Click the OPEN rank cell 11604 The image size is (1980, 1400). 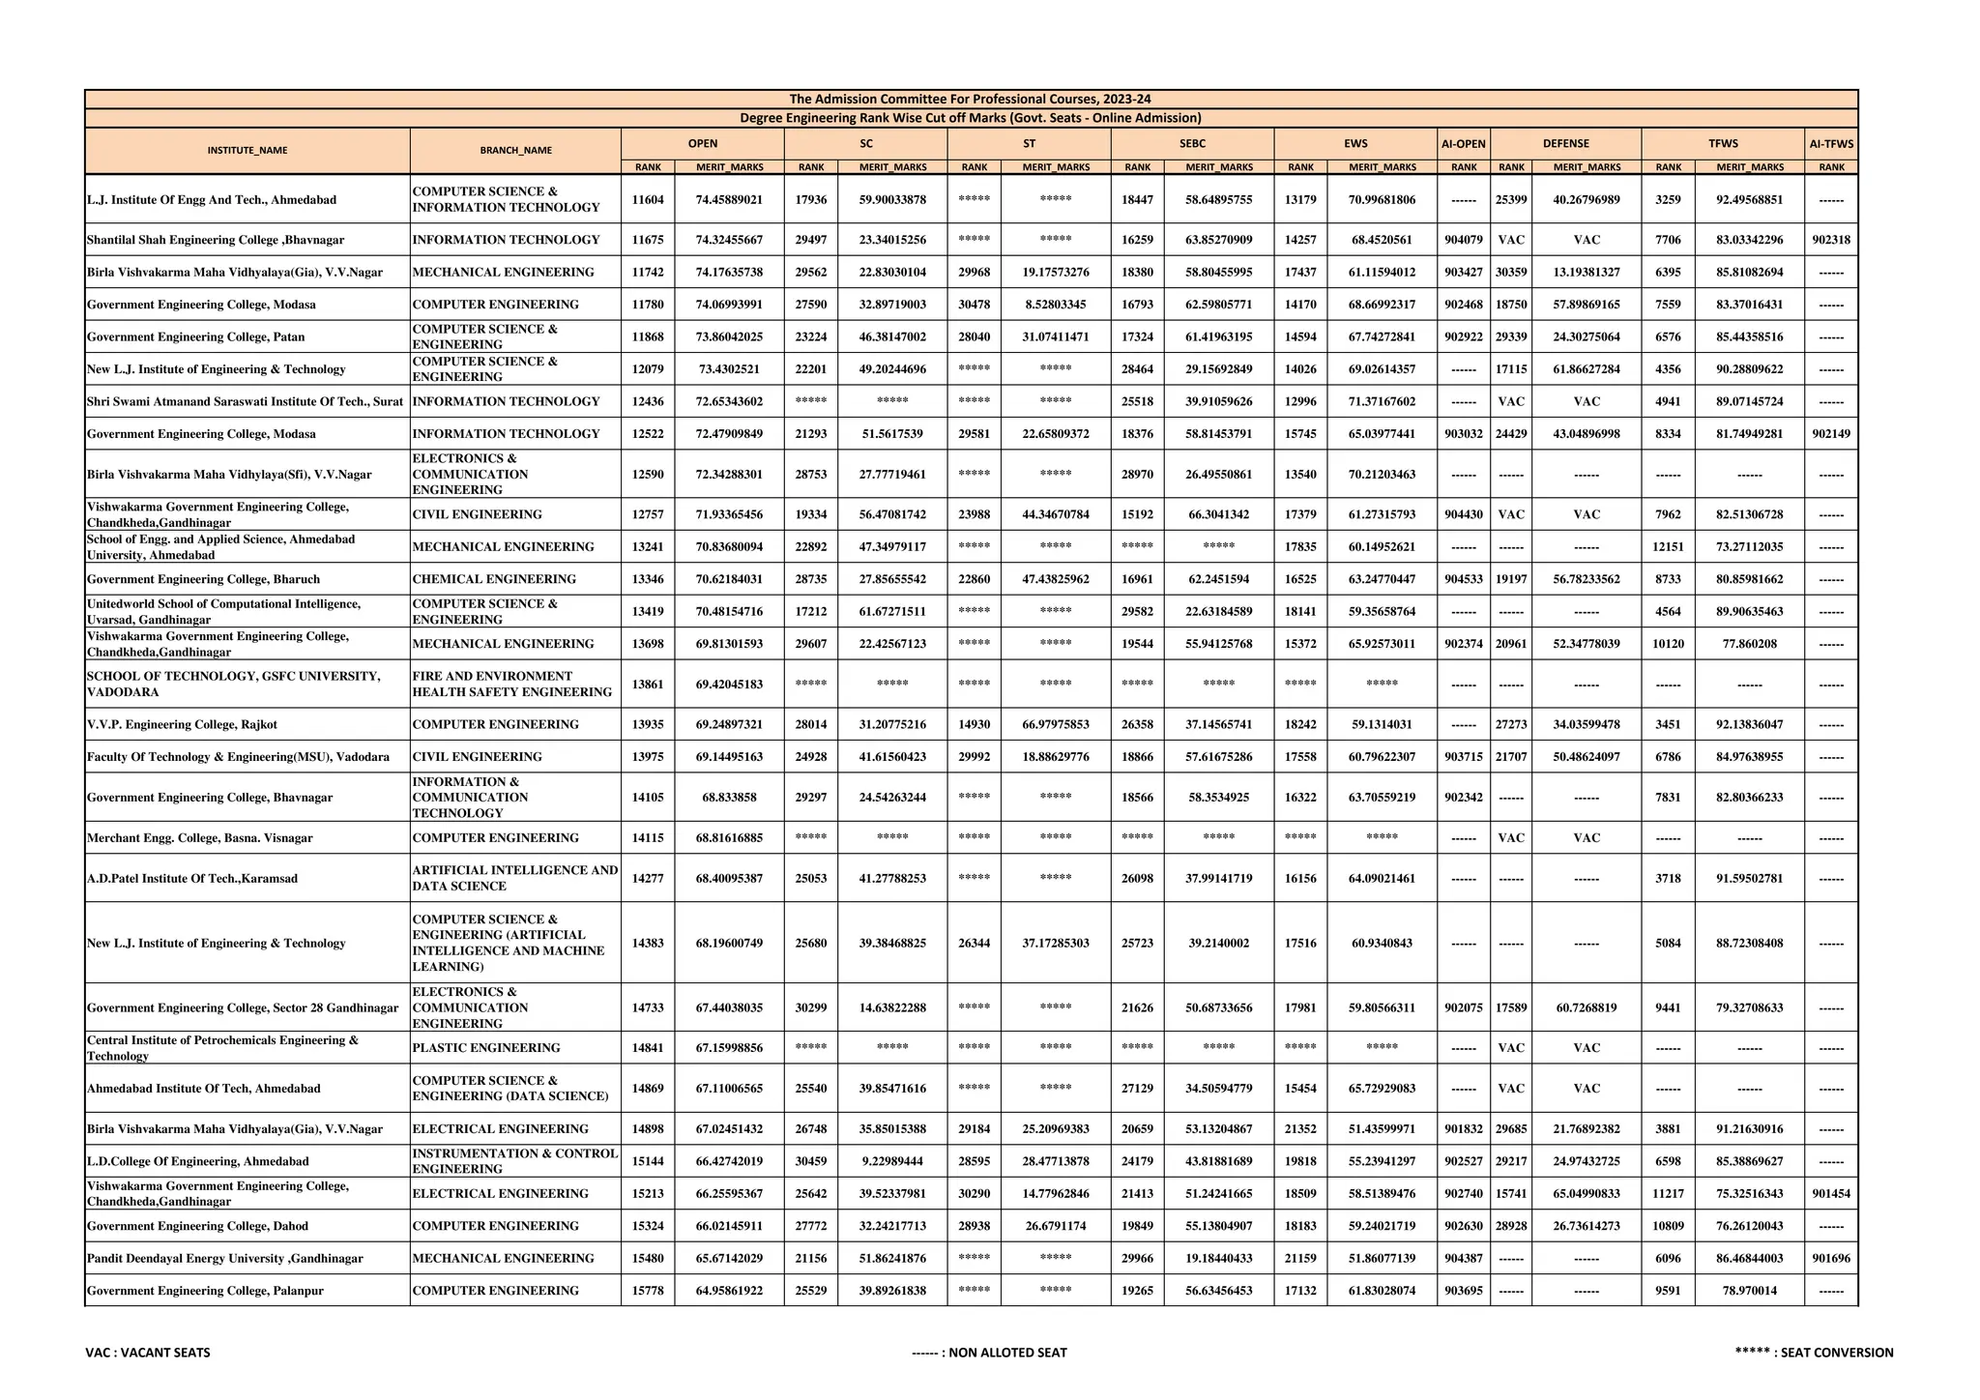[647, 199]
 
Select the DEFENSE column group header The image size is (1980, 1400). [1565, 144]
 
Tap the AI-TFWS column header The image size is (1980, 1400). [1830, 144]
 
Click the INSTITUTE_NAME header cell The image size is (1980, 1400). [247, 151]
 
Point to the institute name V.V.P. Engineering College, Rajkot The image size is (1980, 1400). [182, 724]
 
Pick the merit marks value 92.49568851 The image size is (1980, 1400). [1749, 199]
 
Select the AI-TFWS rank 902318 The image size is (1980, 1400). [1830, 240]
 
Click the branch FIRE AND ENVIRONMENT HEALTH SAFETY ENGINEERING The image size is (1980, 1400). [511, 684]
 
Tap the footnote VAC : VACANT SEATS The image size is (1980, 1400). [147, 1353]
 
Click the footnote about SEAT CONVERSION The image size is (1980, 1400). [1814, 1353]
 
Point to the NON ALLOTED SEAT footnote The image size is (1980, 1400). [989, 1353]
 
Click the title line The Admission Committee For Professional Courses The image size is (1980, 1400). [970, 99]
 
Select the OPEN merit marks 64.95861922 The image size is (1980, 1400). [729, 1291]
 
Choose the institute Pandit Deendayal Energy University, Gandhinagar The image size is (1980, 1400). [224, 1258]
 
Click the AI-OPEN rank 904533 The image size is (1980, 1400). [1463, 579]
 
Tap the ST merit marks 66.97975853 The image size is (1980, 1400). [1055, 724]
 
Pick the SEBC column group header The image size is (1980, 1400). [1192, 144]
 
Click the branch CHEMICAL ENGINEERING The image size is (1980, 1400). [493, 579]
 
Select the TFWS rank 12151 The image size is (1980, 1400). [1668, 546]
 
